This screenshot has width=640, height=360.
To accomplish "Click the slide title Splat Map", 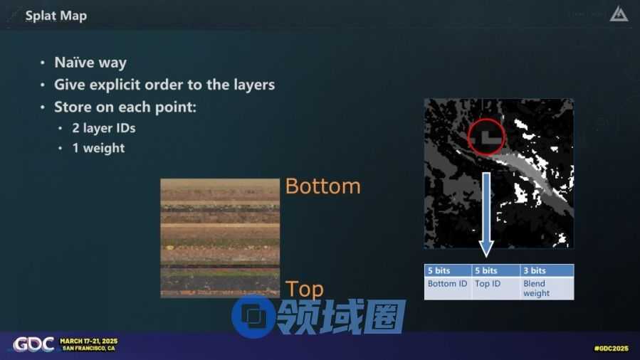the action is [56, 16].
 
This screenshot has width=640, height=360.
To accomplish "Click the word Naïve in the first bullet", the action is [75, 63].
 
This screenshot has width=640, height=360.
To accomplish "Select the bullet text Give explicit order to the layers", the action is [164, 85].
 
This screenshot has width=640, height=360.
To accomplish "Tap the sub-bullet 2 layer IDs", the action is [104, 128].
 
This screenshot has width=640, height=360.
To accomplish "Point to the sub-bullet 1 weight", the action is [98, 148].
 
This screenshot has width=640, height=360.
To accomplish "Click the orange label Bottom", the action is [323, 186].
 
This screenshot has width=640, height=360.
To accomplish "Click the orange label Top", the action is [305, 289].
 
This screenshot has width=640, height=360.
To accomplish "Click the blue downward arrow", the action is [486, 215].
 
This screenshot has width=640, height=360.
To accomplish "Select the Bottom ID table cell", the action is [447, 288].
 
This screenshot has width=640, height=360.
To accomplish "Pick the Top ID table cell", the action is [496, 288].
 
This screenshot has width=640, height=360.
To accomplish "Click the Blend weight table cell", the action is [547, 288].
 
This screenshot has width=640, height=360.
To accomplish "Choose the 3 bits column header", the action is [547, 270].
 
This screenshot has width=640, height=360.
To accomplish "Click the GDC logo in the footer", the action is [33, 344].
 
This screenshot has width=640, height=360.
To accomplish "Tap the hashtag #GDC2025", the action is [611, 348].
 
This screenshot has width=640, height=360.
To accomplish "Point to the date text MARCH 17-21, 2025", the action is [89, 341].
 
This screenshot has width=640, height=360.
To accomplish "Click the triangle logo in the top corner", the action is [619, 14].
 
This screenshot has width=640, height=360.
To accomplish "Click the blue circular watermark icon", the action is [253, 317].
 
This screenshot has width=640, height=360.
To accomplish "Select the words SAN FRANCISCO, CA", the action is [88, 348].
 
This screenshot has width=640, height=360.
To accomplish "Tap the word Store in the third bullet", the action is [73, 107].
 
